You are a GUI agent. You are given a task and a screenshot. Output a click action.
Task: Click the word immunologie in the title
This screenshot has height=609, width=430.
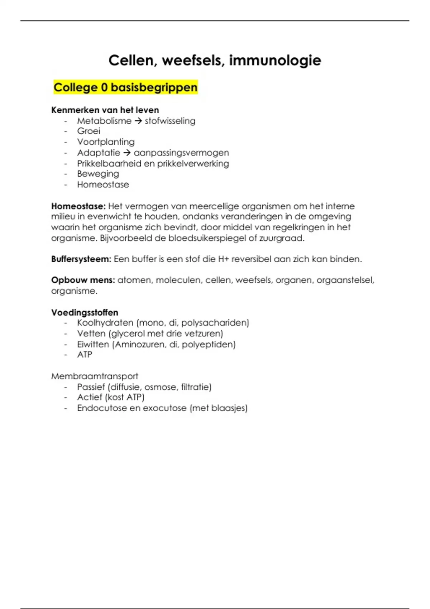(275, 60)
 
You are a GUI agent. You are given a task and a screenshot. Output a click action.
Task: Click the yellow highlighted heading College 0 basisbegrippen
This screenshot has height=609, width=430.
(125, 87)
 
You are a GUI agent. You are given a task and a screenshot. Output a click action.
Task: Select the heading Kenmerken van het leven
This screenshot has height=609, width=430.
(105, 110)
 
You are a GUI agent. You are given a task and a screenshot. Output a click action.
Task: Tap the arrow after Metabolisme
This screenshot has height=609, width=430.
(138, 121)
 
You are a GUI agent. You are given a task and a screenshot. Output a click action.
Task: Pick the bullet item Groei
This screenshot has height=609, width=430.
(89, 131)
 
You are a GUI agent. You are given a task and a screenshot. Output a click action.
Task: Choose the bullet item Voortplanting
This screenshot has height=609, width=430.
(106, 142)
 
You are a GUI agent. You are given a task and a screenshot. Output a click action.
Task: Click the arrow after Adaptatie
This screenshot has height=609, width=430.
(127, 153)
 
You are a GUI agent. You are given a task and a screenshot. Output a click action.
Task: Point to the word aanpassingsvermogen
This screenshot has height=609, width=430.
(181, 153)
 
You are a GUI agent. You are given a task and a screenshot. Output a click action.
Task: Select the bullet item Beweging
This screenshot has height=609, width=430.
(98, 174)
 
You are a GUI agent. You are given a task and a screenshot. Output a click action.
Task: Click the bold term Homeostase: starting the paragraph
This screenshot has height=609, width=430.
(78, 206)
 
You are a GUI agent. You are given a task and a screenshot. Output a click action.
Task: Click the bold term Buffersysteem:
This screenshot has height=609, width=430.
(81, 259)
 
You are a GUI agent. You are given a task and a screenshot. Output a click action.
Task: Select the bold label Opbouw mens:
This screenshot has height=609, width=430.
(83, 280)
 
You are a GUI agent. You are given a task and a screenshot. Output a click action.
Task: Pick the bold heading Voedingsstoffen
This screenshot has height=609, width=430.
(85, 312)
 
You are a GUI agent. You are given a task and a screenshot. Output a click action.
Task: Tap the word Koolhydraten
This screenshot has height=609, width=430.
(105, 323)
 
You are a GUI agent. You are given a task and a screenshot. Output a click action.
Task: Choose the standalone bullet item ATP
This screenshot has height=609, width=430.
(85, 355)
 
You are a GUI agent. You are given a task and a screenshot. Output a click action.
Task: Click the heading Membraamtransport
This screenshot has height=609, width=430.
(95, 376)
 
